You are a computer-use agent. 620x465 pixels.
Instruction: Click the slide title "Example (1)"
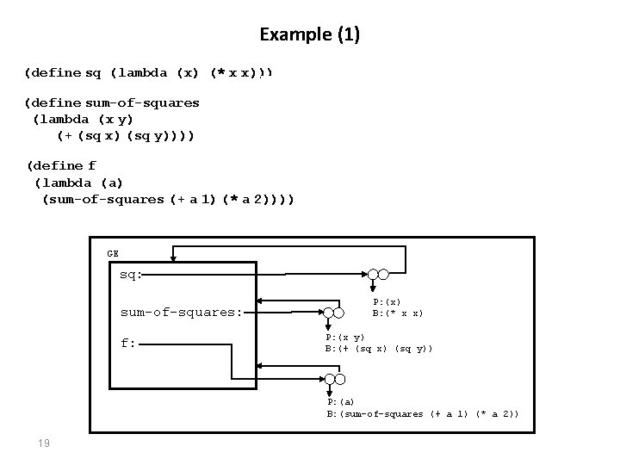[x=310, y=35]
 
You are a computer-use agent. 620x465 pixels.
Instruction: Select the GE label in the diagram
[x=113, y=253]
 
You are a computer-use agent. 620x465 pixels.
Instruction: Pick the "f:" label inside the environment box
[x=127, y=343]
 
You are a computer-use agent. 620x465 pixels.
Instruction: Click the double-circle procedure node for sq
[x=377, y=276]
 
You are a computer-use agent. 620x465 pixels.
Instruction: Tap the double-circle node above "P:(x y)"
[x=332, y=314]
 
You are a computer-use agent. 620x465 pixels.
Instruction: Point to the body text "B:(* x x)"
[x=397, y=313]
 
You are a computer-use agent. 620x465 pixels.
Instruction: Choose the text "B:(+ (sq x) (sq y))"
[x=379, y=348]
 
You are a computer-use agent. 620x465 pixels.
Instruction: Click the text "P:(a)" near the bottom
[x=339, y=402]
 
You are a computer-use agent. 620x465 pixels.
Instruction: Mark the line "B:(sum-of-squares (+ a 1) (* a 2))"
[x=422, y=414]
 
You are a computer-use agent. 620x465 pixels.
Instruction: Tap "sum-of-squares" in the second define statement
[x=142, y=103]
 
